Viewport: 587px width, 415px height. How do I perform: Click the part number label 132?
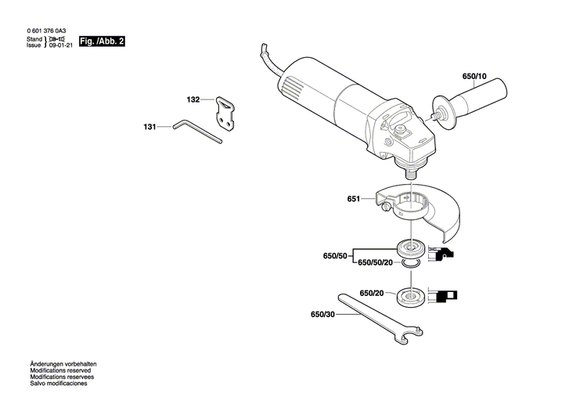click(x=193, y=100)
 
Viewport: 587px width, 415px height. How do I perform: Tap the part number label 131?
click(x=149, y=126)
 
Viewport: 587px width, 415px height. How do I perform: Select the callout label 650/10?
click(x=474, y=77)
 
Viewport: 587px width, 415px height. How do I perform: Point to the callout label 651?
click(x=354, y=199)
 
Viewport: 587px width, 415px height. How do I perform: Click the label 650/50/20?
click(x=375, y=263)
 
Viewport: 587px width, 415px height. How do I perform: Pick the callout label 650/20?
click(x=372, y=293)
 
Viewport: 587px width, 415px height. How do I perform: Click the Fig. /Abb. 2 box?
click(x=103, y=40)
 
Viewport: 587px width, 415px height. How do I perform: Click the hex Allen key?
click(x=197, y=129)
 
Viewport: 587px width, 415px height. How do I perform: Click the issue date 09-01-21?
click(x=61, y=45)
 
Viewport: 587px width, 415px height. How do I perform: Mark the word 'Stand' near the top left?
click(x=34, y=38)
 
